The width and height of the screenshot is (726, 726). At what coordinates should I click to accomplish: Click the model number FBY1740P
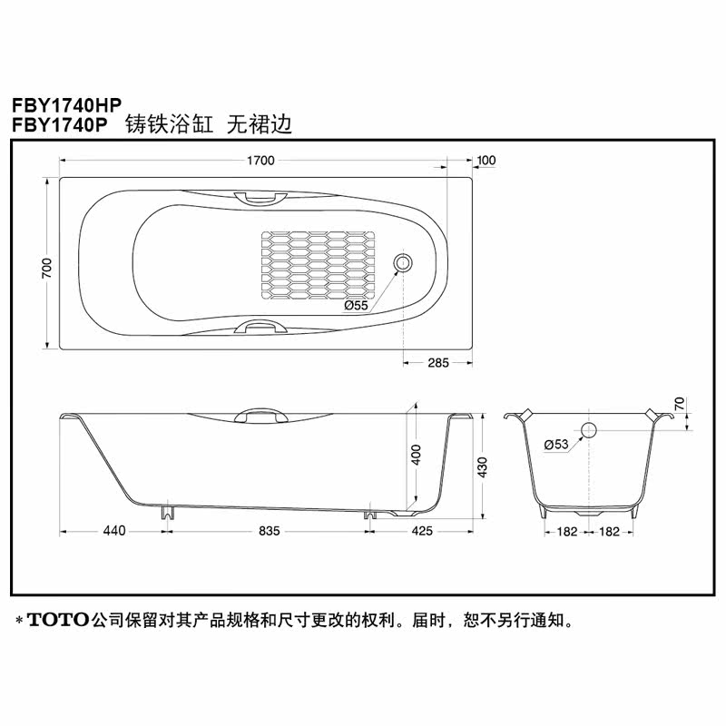pyautogui.click(x=59, y=125)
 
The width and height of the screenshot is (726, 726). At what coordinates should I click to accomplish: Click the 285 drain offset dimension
pyautogui.click(x=438, y=363)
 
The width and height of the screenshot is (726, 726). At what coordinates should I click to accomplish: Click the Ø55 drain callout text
pyautogui.click(x=356, y=306)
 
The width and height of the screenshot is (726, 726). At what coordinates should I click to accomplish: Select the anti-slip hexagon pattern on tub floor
pyautogui.click(x=318, y=265)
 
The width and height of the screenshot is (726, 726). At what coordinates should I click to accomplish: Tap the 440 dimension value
pyautogui.click(x=113, y=530)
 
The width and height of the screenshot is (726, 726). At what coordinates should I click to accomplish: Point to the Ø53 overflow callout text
pyautogui.click(x=555, y=444)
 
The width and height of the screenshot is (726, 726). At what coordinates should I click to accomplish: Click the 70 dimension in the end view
pyautogui.click(x=680, y=404)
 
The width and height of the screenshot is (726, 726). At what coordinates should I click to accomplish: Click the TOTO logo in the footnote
pyautogui.click(x=59, y=622)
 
